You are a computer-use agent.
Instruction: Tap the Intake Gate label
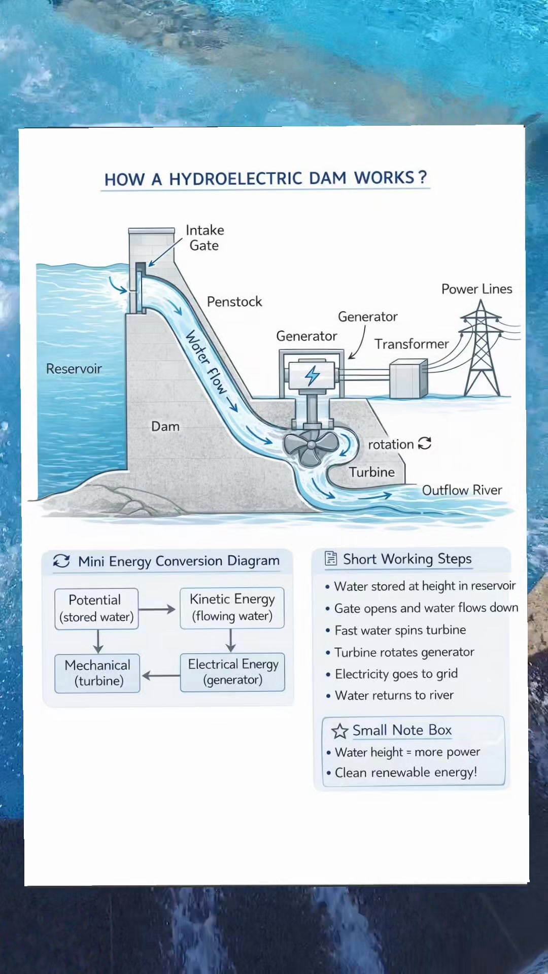click(204, 238)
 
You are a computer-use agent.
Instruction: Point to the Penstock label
click(234, 302)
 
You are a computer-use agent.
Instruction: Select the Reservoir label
click(74, 369)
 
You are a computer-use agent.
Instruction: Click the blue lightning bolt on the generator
click(312, 376)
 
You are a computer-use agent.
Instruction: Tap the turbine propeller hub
click(310, 446)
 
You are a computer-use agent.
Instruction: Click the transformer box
click(408, 378)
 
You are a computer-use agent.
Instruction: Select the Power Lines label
click(477, 289)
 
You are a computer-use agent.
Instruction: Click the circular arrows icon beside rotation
click(425, 443)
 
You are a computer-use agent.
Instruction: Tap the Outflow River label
click(462, 490)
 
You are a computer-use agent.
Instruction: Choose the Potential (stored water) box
click(96, 609)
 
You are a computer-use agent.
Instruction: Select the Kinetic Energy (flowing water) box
click(232, 608)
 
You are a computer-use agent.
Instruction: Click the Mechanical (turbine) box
click(97, 673)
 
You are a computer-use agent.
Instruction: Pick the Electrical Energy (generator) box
click(233, 672)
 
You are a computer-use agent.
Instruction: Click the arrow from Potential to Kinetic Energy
click(157, 609)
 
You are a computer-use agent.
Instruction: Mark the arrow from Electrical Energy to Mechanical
click(161, 675)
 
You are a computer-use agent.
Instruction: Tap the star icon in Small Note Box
click(339, 731)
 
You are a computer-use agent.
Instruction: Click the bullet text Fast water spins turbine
click(400, 630)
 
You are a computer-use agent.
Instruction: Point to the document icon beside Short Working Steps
click(331, 559)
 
